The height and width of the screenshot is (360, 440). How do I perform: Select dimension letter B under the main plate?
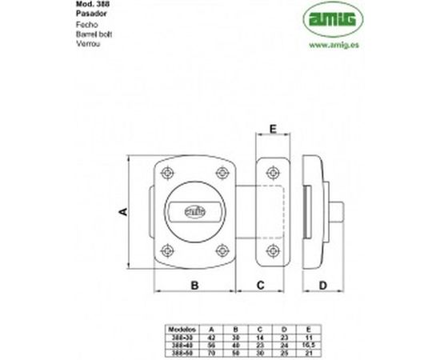coord(195,285)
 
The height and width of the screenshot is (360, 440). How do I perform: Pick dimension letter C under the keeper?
coord(261,285)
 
